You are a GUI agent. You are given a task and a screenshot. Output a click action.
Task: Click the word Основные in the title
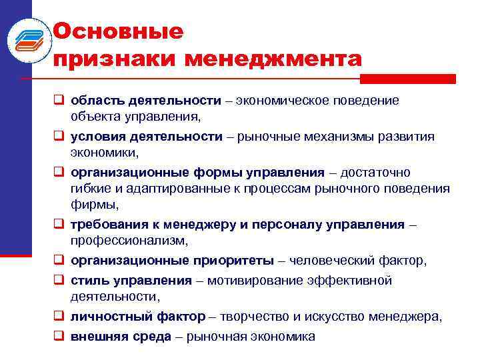[117, 31]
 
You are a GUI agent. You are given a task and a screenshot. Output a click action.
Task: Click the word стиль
[89, 281]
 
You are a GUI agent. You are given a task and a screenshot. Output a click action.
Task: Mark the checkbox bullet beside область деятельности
[59, 101]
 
